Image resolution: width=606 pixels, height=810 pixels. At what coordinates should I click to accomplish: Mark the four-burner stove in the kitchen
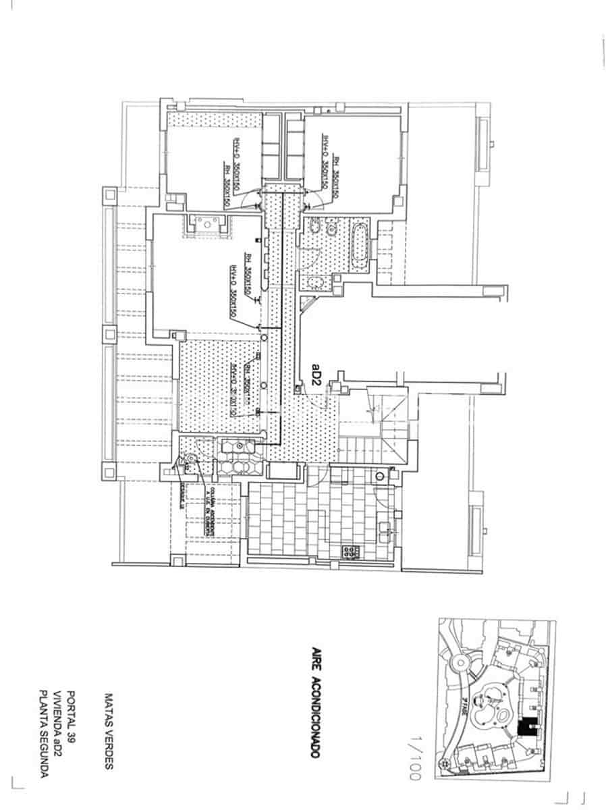[x=351, y=552]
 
